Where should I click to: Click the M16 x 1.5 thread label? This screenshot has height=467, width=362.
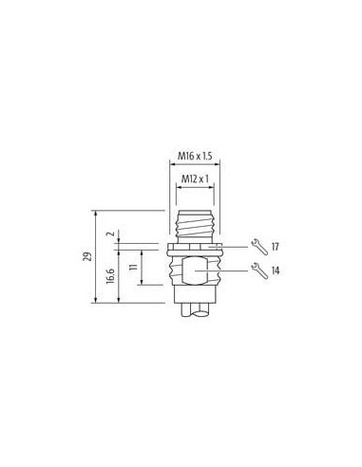coord(195,156)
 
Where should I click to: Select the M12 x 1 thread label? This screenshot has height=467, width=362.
coord(195,179)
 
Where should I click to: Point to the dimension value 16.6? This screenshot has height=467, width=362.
coord(110,275)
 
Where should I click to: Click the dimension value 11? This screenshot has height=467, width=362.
coord(134,267)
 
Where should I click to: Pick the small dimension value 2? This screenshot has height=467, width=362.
coord(110,233)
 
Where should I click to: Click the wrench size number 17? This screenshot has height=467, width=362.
coord(276,247)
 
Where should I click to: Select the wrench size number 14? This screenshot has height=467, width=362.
coord(276,271)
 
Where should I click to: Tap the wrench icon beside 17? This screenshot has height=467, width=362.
coord(259,247)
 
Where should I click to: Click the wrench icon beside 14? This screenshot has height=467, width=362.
coord(259,271)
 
